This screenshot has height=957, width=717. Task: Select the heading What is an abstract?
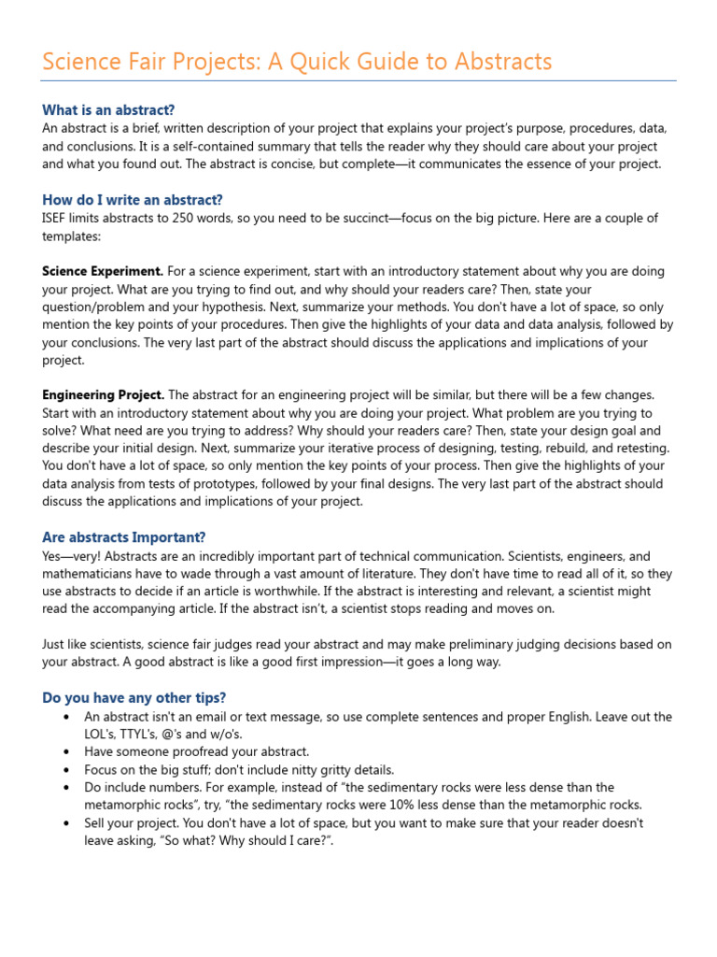pyautogui.click(x=108, y=109)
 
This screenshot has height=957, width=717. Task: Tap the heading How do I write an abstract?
pyautogui.click(x=133, y=199)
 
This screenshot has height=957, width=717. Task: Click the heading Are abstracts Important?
pyautogui.click(x=124, y=537)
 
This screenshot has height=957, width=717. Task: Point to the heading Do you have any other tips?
pyautogui.click(x=134, y=698)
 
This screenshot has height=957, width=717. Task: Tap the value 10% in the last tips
pyautogui.click(x=411, y=805)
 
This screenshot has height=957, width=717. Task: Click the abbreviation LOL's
pyautogui.click(x=101, y=734)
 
